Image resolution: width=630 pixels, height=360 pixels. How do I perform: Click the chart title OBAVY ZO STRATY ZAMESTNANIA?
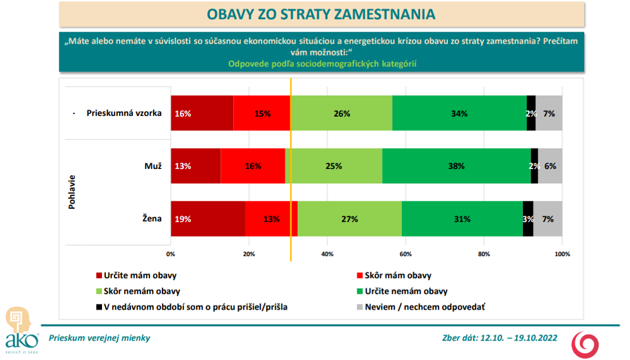point(321,15)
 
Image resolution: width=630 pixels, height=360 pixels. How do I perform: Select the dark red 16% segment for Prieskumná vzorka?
point(202,113)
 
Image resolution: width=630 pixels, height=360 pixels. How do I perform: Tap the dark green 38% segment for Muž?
point(456,166)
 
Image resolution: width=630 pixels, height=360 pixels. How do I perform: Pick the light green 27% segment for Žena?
point(350,219)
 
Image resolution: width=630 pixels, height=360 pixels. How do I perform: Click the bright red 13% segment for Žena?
point(271,219)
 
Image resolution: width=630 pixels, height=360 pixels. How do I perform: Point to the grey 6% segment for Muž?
point(550,166)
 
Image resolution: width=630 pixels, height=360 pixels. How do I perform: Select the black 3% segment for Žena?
point(528,219)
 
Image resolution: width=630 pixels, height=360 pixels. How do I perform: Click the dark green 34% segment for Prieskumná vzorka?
point(459,113)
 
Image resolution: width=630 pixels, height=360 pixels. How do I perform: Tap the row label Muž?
point(153,166)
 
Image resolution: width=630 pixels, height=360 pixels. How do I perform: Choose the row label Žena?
point(152,219)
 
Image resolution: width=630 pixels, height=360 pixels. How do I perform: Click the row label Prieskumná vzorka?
point(124,113)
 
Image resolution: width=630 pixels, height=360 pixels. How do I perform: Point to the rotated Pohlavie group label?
point(72,192)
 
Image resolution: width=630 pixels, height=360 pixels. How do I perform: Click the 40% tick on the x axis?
point(327,254)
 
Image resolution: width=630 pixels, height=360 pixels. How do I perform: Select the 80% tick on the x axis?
point(484,254)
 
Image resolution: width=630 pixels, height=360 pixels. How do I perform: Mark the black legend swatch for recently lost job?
point(98,307)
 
